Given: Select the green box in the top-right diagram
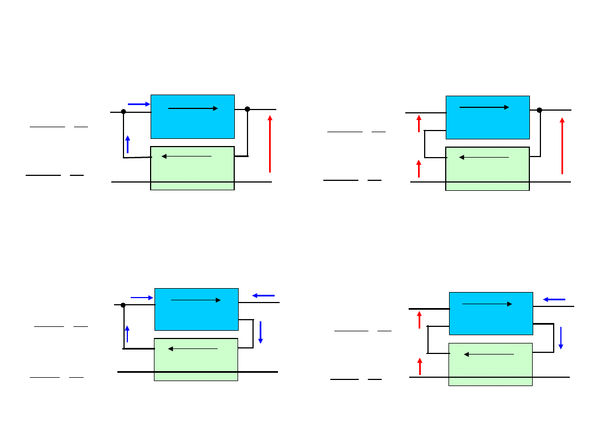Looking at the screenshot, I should click(x=487, y=171).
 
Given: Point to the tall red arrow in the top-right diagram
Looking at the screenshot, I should click(x=562, y=146).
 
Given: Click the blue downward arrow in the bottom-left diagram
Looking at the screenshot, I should click(x=260, y=332).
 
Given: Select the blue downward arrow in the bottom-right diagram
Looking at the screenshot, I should click(x=560, y=338).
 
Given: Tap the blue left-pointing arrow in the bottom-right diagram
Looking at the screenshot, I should click(x=554, y=299).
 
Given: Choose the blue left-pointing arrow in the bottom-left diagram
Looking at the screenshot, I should click(x=264, y=295).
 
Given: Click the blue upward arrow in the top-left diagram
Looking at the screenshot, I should click(x=127, y=144).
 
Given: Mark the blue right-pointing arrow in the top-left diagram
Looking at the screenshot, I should click(x=139, y=104).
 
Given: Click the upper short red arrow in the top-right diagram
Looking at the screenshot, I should click(x=419, y=123).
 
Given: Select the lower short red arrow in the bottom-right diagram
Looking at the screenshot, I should click(x=420, y=366).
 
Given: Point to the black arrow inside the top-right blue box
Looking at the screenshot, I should click(x=484, y=107).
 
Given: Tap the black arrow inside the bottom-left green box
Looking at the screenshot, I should click(x=193, y=349).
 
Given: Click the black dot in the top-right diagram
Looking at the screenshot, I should click(x=539, y=110).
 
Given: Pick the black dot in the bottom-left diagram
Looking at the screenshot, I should click(x=123, y=305).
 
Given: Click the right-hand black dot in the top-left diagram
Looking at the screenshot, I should click(x=248, y=109).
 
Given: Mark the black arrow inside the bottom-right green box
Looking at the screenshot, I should click(x=488, y=354).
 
